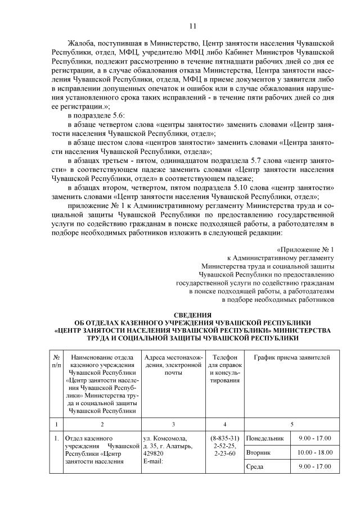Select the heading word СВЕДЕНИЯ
coord(193,314)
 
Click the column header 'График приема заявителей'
coord(292,357)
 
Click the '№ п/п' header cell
coord(56,361)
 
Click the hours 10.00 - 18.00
coord(315,452)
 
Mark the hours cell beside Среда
coord(315,467)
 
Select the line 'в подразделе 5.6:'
coord(96,116)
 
